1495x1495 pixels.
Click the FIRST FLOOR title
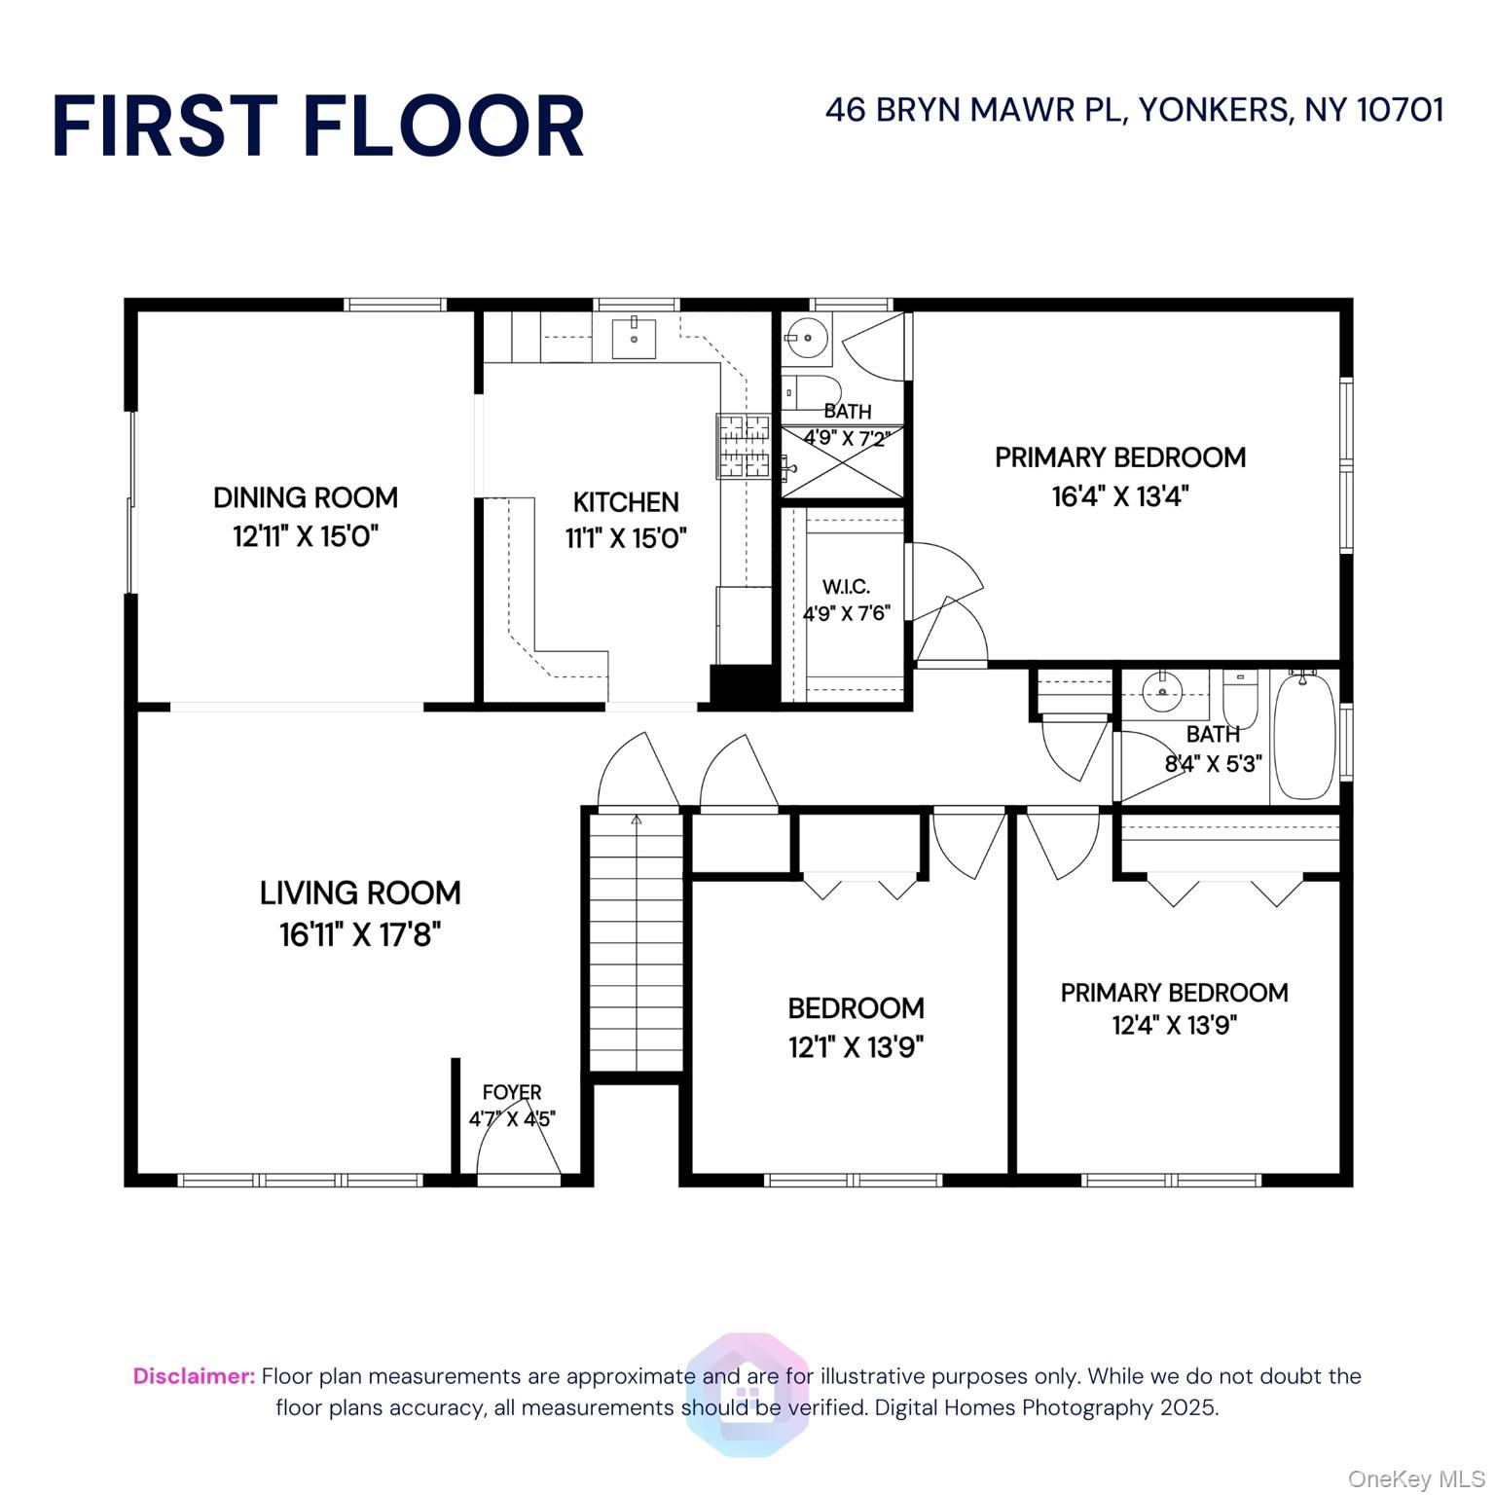pos(318,127)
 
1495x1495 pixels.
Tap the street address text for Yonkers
pos(1134,110)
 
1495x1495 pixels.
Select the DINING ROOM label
pos(306,497)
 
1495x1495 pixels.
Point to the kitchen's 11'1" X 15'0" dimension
pos(626,538)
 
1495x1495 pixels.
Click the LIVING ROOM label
pos(360,893)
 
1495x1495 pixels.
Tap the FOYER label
pos(512,1092)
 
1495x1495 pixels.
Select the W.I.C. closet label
pos(846,587)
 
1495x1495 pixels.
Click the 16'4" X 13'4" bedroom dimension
pos(1119,496)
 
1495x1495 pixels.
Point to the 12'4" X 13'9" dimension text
pos(1174,1025)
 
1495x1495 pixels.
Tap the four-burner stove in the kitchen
pos(743,447)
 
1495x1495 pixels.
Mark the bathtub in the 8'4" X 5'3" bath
pos(1304,736)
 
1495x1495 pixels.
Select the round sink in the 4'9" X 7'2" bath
pos(807,338)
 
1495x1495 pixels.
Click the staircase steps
pos(637,944)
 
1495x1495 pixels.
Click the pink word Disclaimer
pos(194,1376)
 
